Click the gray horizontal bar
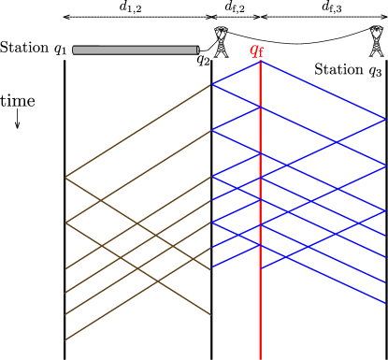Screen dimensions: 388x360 (x=136, y=50)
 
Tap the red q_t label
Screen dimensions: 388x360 (x=256, y=50)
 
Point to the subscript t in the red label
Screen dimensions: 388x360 (x=261, y=53)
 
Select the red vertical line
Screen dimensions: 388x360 (x=260, y=299)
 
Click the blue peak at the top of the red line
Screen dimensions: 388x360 (x=260, y=62)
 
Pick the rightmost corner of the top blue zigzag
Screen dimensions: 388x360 (x=384, y=119)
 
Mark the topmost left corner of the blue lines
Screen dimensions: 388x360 (x=212, y=84)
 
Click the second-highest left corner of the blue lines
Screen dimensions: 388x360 (x=212, y=130)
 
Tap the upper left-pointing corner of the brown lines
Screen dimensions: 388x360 (x=65, y=177)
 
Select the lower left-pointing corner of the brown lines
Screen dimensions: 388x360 (x=65, y=223)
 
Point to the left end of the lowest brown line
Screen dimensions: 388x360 (x=65, y=340)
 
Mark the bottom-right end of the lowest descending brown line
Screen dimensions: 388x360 (x=210, y=315)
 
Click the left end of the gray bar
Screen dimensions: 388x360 (x=75, y=50)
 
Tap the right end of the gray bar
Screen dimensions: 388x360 (x=197, y=50)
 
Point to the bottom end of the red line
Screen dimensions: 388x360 (x=260, y=357)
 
